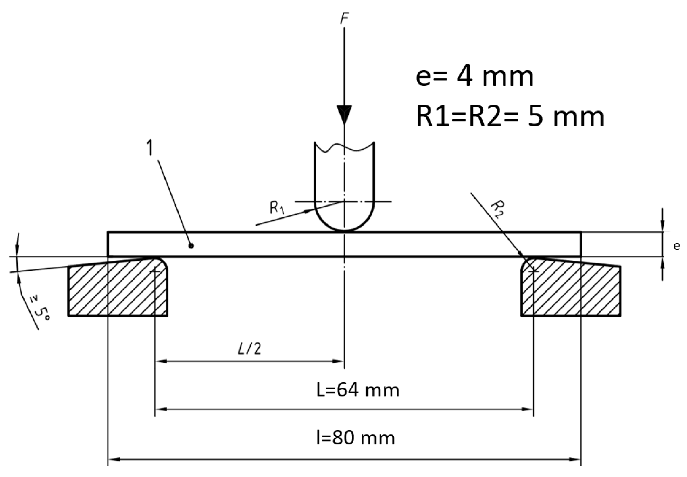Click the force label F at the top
344,19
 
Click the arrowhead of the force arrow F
344,114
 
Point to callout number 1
150,148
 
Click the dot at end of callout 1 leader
191,246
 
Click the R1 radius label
277,208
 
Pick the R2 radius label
497,209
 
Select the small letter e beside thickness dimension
676,246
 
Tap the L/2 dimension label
249,349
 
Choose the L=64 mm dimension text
358,390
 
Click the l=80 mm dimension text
355,438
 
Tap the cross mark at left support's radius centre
155,271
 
